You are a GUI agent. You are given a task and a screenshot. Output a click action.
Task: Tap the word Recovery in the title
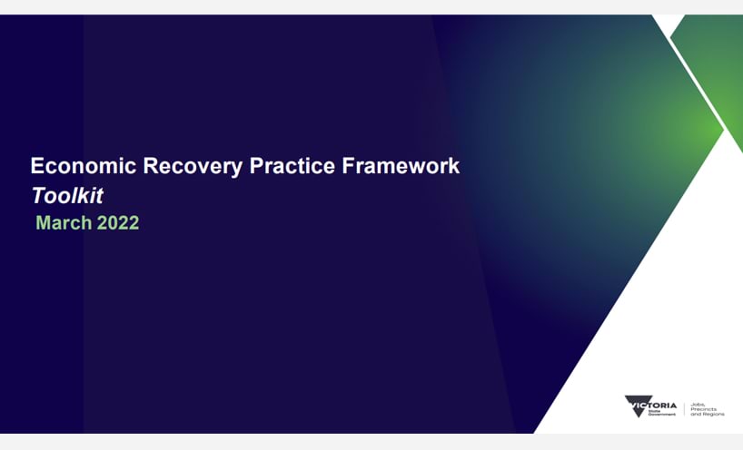[x=193, y=167]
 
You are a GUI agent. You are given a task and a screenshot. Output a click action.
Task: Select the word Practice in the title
[x=292, y=166]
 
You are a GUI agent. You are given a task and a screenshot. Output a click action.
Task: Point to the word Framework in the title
[x=401, y=166]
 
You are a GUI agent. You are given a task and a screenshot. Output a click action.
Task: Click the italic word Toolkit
[x=67, y=196]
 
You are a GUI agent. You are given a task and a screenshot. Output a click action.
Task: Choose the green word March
[x=64, y=223]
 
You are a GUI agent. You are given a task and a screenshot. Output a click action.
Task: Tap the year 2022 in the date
[x=117, y=223]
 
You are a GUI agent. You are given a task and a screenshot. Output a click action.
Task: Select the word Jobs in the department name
[x=698, y=405]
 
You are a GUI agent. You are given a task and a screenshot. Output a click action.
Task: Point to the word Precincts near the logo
[x=704, y=409]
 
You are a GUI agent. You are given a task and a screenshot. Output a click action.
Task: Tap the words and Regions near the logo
[x=708, y=414]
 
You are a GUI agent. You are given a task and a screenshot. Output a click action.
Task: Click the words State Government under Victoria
[x=661, y=413]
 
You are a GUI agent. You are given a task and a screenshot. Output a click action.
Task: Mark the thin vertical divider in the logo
[x=684, y=409]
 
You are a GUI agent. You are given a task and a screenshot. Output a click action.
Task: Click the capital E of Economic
[x=36, y=166]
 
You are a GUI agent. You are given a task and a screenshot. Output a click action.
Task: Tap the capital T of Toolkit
[x=39, y=195]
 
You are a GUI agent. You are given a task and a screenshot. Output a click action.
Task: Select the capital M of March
[x=43, y=223]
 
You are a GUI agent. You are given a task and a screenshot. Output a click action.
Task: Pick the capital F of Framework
[x=348, y=166]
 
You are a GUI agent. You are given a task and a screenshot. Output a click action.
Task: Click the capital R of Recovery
[x=150, y=166]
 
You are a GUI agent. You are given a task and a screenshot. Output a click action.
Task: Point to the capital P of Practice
[x=256, y=166]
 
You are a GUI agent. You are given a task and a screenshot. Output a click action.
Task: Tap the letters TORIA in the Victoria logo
[x=663, y=406]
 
